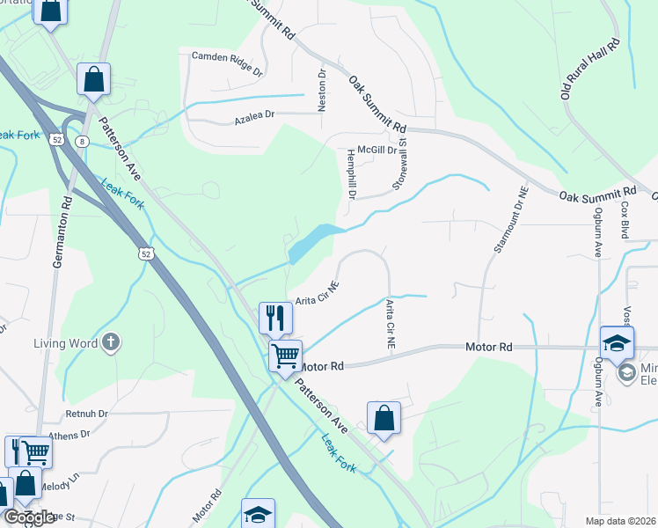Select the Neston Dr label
322,91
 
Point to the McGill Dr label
379,150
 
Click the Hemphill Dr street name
350,173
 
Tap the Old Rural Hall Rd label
590,68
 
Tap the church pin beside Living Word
111,342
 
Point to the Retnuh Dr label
85,413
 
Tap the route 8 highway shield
82,140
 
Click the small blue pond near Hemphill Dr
313,240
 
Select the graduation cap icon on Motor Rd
618,342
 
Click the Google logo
29,517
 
